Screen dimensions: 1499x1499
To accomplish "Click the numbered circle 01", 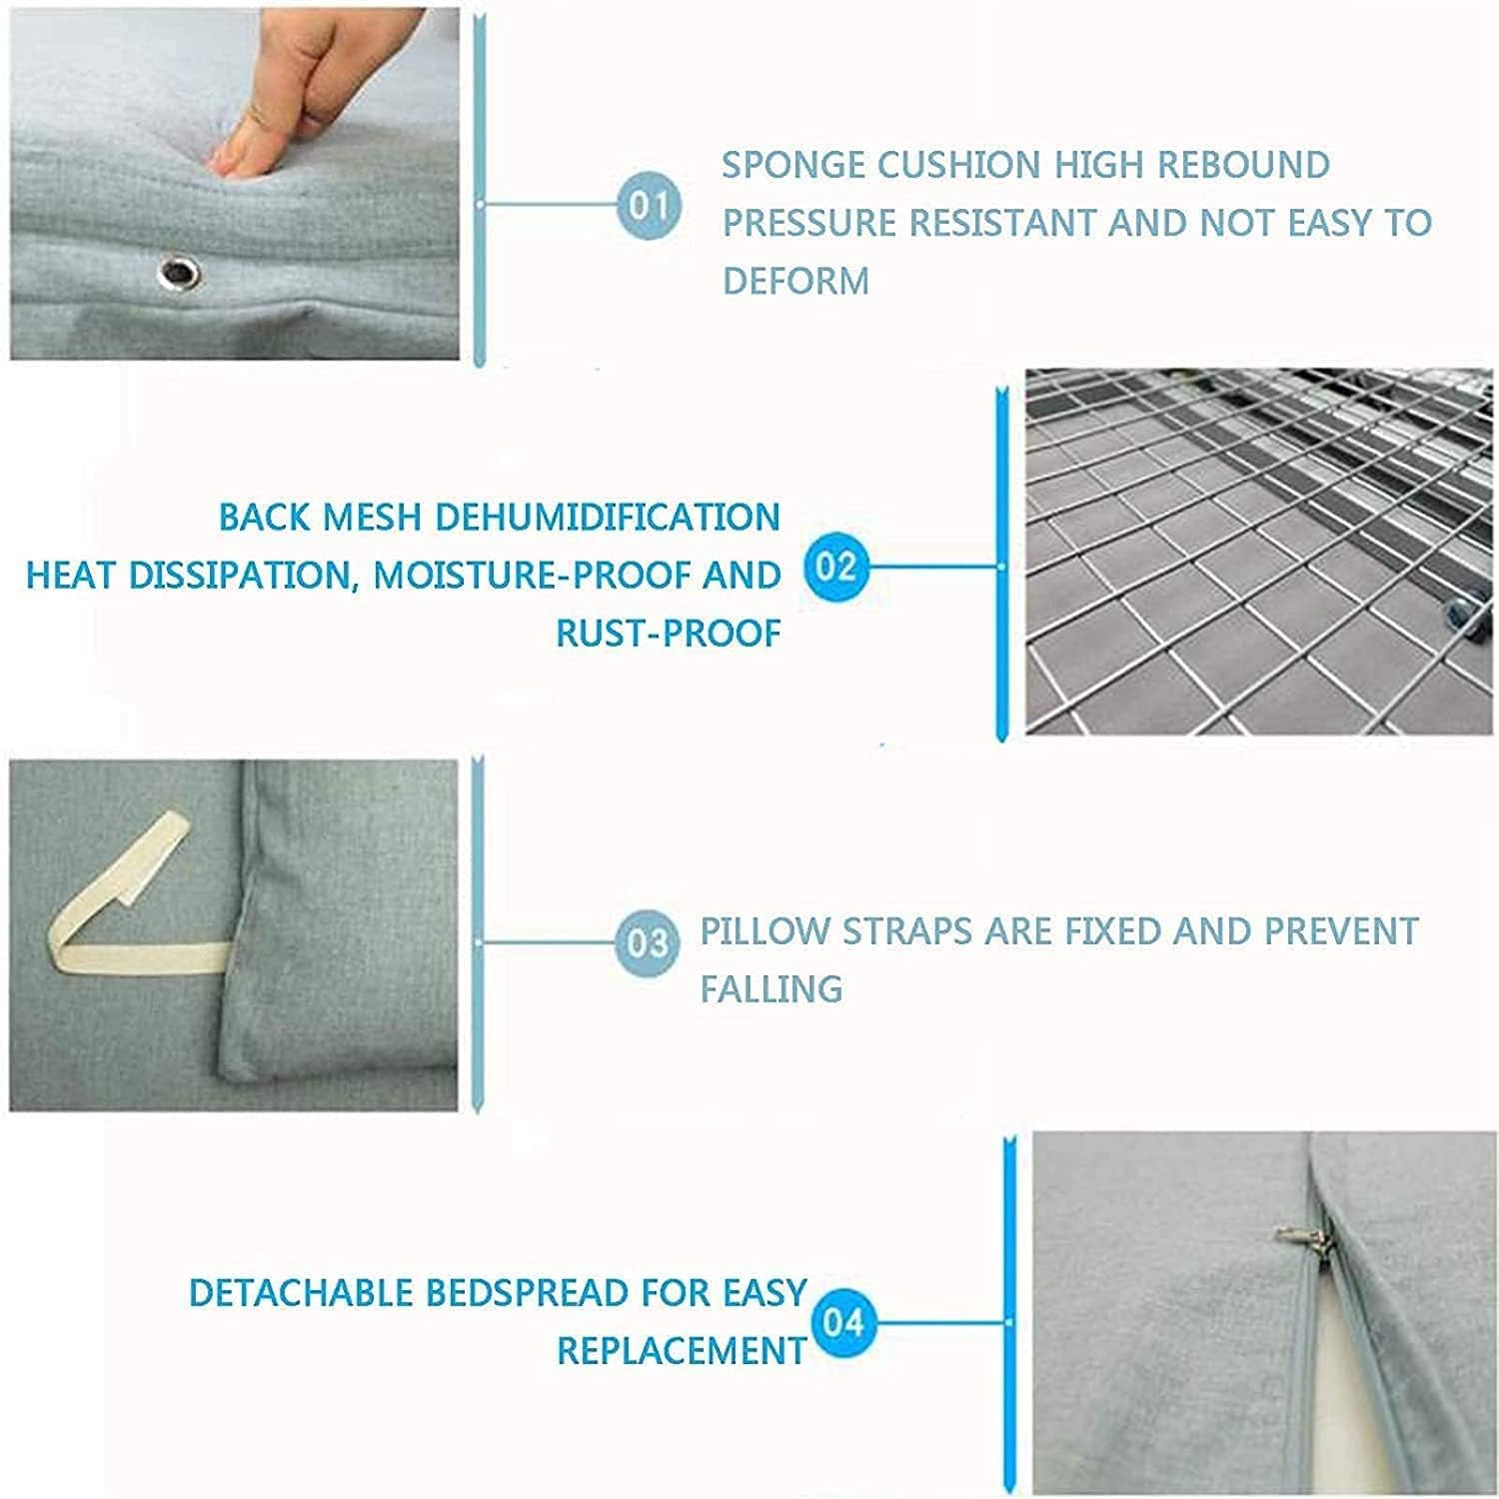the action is coord(648,205).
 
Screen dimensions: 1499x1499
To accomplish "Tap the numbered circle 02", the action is coord(835,567).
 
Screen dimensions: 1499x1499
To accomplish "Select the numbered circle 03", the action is coord(648,942).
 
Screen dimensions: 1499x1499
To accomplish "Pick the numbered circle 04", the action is coord(843,1323).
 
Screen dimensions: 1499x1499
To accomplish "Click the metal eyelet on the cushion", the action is coord(180,270).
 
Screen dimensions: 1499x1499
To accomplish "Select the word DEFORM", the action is coord(795,281).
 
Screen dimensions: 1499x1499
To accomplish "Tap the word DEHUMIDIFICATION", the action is coord(608,517).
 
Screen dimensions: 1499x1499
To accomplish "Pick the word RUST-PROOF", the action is coord(669,633).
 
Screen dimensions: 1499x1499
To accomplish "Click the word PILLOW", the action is coord(764,930).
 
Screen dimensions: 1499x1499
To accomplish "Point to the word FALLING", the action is coord(771,988).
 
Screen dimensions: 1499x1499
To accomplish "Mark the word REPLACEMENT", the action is coord(681,1350).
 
